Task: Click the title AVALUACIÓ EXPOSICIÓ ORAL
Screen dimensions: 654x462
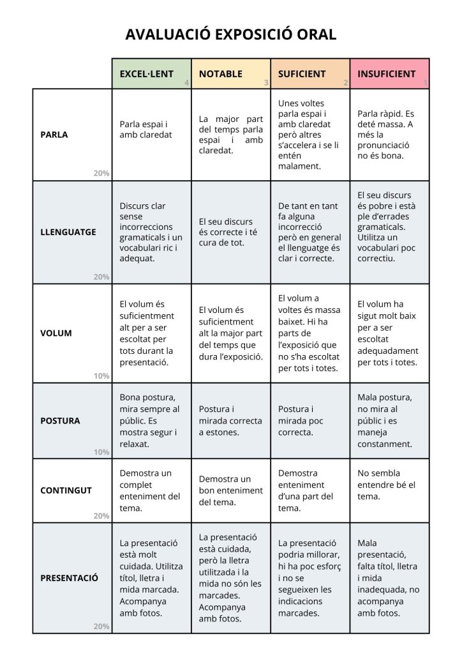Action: [x=230, y=34]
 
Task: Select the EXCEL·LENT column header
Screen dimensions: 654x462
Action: [x=146, y=74]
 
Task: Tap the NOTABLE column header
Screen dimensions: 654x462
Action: [x=221, y=74]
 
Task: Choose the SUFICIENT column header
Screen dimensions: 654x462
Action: [x=302, y=74]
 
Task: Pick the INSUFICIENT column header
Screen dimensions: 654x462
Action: [x=386, y=74]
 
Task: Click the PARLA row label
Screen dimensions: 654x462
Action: [x=54, y=135]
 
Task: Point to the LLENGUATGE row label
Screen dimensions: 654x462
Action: [x=68, y=232]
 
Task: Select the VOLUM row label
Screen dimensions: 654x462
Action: [x=56, y=333]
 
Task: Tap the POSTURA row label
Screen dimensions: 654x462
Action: [x=60, y=421]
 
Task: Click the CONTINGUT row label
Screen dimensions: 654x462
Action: [x=66, y=490]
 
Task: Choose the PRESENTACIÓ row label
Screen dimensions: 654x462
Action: [x=70, y=578]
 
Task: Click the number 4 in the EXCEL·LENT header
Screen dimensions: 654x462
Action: [x=186, y=83]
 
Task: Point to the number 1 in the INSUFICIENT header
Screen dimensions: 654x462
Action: [x=425, y=83]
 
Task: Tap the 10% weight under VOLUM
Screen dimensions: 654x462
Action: [x=101, y=376]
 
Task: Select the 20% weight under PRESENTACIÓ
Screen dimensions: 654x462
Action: [x=101, y=627]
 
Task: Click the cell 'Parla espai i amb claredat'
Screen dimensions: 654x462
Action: [x=146, y=130]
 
